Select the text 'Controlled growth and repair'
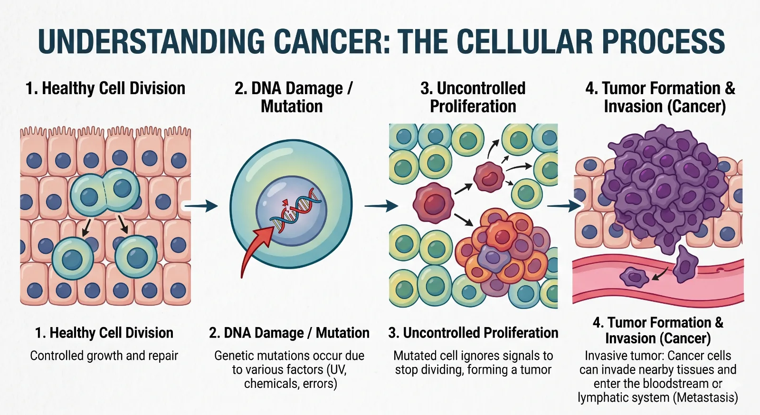click(x=104, y=356)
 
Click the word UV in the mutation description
click(x=336, y=370)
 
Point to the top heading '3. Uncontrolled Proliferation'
click(x=473, y=97)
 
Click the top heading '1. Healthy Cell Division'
click(x=105, y=88)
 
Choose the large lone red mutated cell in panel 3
click(x=433, y=203)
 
